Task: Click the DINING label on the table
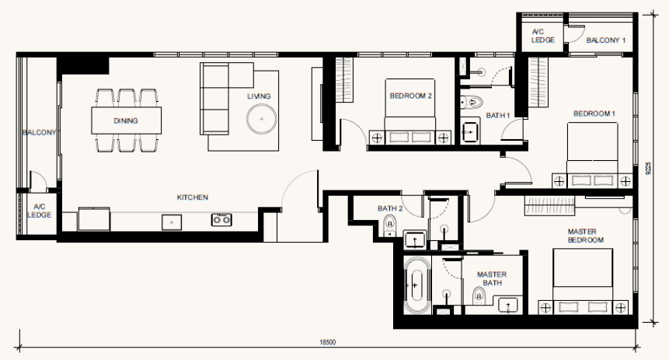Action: pyautogui.click(x=126, y=121)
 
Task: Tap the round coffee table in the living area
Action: pyautogui.click(x=261, y=119)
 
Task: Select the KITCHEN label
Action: pyautogui.click(x=193, y=197)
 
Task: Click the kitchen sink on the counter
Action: pyautogui.click(x=172, y=222)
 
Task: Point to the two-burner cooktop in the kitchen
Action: pyautogui.click(x=221, y=219)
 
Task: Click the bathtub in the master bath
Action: pyautogui.click(x=414, y=285)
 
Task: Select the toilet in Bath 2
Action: pyautogui.click(x=389, y=225)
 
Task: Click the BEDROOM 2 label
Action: pyautogui.click(x=410, y=96)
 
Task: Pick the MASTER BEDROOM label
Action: pyautogui.click(x=585, y=236)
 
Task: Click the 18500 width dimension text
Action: pyautogui.click(x=328, y=342)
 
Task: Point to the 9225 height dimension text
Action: pyautogui.click(x=649, y=168)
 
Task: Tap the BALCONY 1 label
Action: pyautogui.click(x=606, y=40)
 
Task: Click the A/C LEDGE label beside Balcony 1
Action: pyautogui.click(x=542, y=36)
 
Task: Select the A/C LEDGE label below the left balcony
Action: pyautogui.click(x=40, y=211)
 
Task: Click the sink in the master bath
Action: pyautogui.click(x=507, y=306)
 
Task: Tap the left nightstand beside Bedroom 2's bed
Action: pyautogui.click(x=376, y=138)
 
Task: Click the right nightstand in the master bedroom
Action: pyautogui.click(x=621, y=307)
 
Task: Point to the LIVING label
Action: pyautogui.click(x=259, y=96)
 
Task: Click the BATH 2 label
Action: pyautogui.click(x=390, y=208)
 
